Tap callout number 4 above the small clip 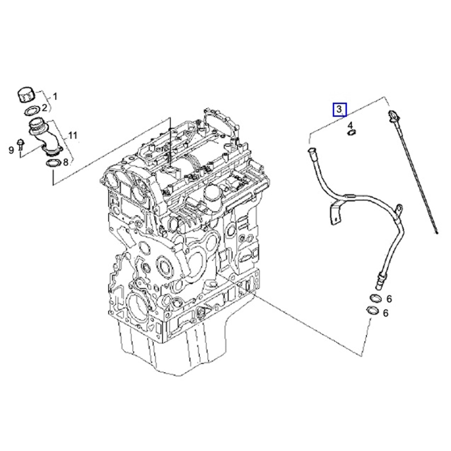pos(350,125)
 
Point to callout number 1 pos(55,97)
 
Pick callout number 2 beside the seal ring pos(44,107)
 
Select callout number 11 pos(72,136)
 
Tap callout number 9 pos(11,149)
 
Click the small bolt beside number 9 pos(20,144)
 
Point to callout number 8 pos(66,162)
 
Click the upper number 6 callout pos(389,299)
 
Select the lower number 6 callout pos(386,313)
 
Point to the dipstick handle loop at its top pos(393,115)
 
